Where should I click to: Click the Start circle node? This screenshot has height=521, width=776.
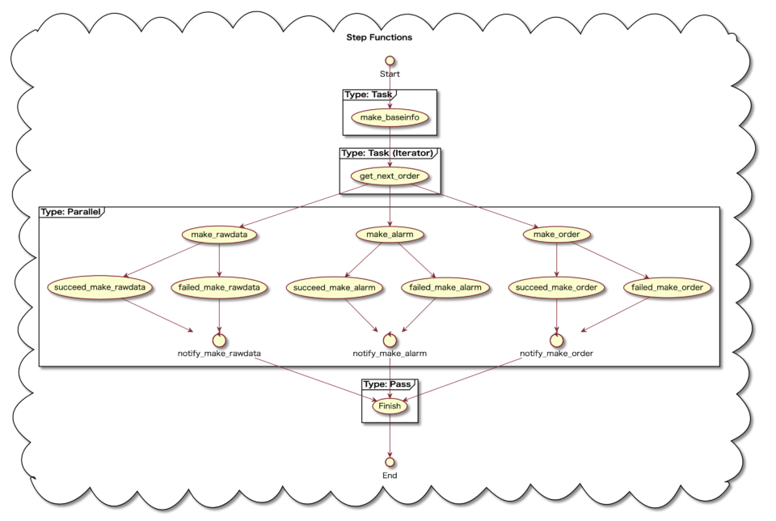click(x=390, y=60)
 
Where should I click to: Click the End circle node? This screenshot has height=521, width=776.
click(x=390, y=461)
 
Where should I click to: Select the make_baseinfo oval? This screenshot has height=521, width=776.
click(x=390, y=118)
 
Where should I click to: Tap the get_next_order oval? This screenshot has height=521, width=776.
click(x=390, y=176)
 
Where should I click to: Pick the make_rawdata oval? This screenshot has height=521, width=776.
click(x=220, y=235)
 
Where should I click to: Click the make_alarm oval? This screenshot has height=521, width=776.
click(x=390, y=235)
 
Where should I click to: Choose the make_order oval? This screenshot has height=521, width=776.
click(x=557, y=235)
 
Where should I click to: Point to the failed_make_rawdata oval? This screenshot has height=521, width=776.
click(x=220, y=286)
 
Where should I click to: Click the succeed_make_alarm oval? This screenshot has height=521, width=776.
click(x=334, y=286)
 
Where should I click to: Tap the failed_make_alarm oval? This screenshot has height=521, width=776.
click(x=445, y=286)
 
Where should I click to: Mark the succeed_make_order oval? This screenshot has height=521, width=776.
click(x=557, y=286)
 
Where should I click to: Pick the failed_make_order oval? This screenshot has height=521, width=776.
click(x=668, y=286)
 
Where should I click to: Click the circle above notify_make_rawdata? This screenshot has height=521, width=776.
click(x=220, y=337)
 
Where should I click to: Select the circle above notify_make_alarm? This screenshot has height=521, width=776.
click(x=390, y=337)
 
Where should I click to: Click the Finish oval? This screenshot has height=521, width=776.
click(x=390, y=406)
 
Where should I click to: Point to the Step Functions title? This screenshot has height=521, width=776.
click(x=379, y=37)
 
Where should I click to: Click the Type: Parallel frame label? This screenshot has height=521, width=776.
click(x=70, y=212)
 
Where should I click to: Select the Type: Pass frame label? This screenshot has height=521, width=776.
click(x=388, y=383)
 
